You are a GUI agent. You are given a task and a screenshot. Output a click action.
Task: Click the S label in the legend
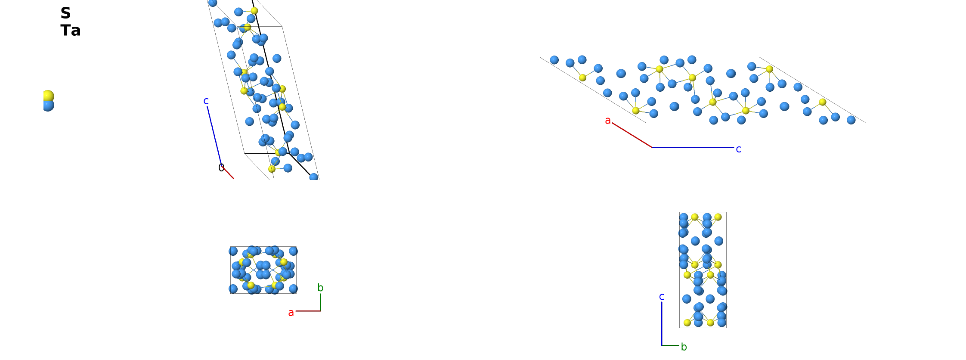[x=65, y=13]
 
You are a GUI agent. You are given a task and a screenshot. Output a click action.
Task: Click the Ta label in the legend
[x=71, y=31]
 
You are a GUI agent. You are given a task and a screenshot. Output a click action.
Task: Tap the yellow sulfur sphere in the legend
[x=48, y=96]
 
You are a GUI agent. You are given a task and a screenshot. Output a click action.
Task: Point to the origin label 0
[x=221, y=168]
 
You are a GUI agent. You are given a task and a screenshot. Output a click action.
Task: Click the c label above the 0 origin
[x=206, y=101]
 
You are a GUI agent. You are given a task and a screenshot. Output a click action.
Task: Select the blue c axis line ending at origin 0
[x=214, y=136]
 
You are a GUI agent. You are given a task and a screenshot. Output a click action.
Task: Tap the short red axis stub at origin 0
[x=229, y=173]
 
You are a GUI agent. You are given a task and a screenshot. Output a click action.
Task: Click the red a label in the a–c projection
[x=608, y=121]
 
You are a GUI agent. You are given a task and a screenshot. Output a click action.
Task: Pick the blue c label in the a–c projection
[x=738, y=149]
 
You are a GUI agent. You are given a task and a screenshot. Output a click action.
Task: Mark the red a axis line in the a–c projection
[x=632, y=135]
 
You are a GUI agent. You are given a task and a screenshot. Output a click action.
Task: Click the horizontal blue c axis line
[x=693, y=147]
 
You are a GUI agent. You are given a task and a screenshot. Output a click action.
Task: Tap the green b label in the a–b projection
[x=320, y=288]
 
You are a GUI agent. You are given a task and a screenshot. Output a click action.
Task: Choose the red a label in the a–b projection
[x=291, y=313]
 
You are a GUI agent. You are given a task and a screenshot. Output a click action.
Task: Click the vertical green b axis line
[x=321, y=302]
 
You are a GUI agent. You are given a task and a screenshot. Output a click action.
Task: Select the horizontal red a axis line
[x=308, y=311]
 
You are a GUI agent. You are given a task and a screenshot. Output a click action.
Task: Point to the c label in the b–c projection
[x=662, y=297]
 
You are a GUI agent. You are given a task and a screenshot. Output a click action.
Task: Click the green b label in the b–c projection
[x=684, y=347]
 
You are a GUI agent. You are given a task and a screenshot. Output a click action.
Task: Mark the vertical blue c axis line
[x=662, y=324]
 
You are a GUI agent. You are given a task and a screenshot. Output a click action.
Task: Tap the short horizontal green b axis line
[x=670, y=345]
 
